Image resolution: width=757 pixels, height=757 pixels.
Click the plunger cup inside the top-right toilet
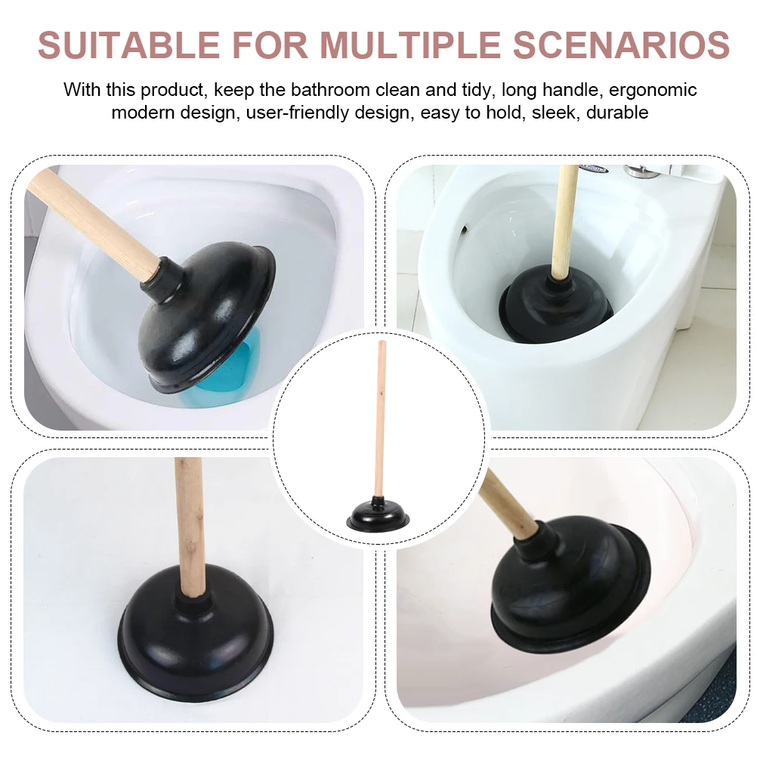(x=558, y=306)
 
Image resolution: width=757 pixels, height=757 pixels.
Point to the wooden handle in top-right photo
(x=564, y=219)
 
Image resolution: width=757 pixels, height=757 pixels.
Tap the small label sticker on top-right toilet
(x=593, y=169)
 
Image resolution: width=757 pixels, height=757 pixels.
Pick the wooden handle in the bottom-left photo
(x=188, y=521)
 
